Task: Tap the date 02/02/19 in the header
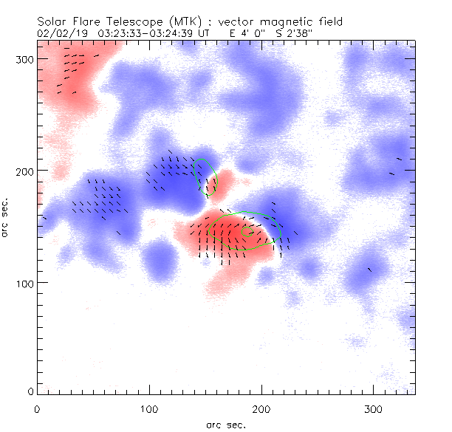60,33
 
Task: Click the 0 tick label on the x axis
37,408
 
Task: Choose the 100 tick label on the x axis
149,408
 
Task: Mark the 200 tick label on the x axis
261,408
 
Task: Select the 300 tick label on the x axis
373,408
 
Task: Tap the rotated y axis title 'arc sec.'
6,216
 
